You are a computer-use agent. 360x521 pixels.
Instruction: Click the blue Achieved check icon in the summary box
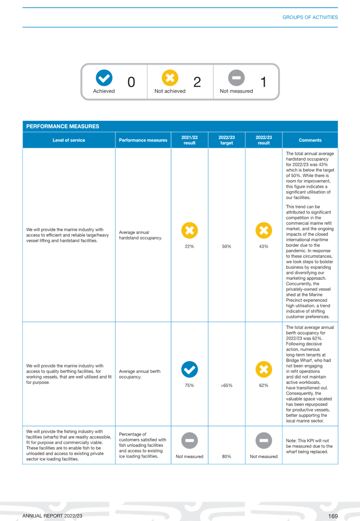pos(104,78)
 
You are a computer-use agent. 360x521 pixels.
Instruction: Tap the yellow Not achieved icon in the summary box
pos(170,78)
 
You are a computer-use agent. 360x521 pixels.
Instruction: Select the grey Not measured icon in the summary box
pos(237,78)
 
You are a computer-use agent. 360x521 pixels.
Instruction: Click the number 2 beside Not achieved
pos(197,82)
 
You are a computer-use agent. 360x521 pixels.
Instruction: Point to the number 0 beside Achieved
pos(131,82)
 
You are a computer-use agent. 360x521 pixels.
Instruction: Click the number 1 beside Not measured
pos(263,82)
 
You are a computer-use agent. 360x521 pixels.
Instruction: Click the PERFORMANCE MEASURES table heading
pos(62,126)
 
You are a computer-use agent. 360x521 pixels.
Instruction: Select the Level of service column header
pos(69,140)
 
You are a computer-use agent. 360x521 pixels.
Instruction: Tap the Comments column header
pos(310,140)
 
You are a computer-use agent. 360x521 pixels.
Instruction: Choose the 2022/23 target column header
pos(226,140)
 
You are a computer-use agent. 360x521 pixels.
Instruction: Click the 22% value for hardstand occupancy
pos(189,246)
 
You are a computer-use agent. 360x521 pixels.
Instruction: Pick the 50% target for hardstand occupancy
pos(226,246)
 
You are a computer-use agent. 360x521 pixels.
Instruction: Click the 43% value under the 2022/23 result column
pos(264,246)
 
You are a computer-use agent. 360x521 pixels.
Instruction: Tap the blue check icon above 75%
pos(189,369)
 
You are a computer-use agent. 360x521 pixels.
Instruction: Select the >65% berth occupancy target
pos(226,386)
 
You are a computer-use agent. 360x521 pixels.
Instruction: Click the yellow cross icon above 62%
pos(264,369)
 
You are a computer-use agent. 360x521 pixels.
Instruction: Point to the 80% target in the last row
pos(226,457)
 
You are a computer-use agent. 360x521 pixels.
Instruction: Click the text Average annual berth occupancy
pos(140,374)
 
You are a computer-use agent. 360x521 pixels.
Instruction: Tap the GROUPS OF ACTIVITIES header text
pos(310,17)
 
